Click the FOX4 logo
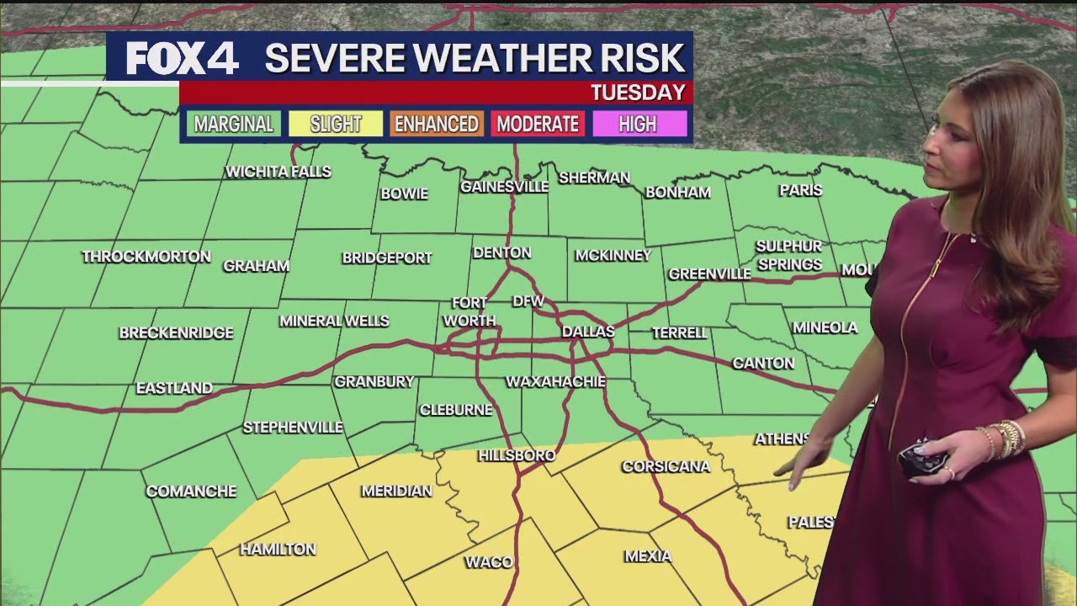click(183, 59)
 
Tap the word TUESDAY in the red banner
click(638, 93)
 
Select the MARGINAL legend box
click(234, 125)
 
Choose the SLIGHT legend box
click(335, 125)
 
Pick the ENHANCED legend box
click(436, 125)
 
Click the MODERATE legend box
click(538, 125)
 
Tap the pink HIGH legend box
click(638, 125)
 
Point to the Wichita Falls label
click(279, 172)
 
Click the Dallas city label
click(588, 332)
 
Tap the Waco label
click(489, 562)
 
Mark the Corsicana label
click(666, 466)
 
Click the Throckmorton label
click(146, 257)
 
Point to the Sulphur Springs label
click(789, 255)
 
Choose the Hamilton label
click(278, 550)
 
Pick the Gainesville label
click(504, 187)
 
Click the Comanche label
click(191, 492)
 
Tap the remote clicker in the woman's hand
click(921, 459)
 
